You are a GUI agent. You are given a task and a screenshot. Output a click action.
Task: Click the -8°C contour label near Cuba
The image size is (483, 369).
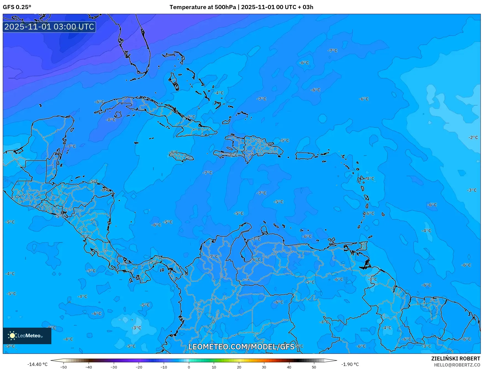click(111, 120)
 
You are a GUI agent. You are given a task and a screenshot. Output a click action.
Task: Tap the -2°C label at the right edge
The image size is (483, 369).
click(473, 137)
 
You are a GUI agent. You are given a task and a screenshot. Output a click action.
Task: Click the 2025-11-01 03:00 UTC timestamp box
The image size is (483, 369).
click(49, 27)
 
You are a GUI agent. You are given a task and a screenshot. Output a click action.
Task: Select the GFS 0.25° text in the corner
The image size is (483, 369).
click(17, 7)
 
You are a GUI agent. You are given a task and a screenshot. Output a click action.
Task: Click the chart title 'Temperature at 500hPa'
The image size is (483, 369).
click(203, 7)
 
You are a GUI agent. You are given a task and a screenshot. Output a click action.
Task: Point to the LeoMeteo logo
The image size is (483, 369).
click(27, 336)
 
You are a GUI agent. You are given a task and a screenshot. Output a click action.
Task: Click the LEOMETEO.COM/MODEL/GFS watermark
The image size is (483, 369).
click(241, 347)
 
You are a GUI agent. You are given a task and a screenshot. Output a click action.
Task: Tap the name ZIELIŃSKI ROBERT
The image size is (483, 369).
click(455, 359)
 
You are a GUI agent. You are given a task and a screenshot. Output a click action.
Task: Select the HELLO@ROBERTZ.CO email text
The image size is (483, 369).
click(457, 365)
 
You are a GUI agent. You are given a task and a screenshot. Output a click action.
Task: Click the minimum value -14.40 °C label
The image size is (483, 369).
click(37, 364)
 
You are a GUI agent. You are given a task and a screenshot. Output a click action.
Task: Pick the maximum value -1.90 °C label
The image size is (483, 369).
click(350, 364)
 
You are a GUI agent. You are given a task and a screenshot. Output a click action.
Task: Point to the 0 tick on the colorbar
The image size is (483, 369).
click(189, 367)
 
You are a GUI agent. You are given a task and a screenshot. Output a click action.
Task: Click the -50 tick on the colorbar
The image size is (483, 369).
click(64, 367)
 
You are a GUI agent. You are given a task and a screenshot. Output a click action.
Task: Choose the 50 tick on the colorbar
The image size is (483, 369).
click(314, 367)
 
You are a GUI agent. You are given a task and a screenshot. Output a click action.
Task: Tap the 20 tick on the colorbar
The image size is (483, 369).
click(239, 367)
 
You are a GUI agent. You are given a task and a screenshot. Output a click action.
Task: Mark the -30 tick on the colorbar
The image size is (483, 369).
click(114, 367)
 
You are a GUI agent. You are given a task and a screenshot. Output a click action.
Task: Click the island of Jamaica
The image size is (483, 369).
click(182, 157)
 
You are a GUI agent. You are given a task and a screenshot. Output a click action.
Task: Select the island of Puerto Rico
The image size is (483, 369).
click(305, 156)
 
